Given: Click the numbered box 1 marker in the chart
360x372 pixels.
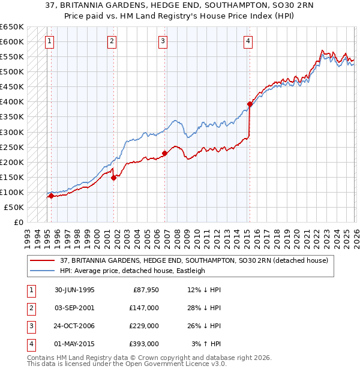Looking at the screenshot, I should (x=49, y=41).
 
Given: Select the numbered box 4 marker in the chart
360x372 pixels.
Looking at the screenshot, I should (x=248, y=41).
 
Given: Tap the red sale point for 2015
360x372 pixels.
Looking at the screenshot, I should (x=250, y=104).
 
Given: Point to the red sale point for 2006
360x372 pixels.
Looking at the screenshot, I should (x=164, y=153).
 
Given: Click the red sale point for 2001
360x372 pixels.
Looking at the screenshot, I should (x=113, y=178).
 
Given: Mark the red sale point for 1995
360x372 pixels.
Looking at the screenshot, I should (x=52, y=196).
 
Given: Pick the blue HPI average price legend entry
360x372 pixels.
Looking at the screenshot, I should (x=133, y=271).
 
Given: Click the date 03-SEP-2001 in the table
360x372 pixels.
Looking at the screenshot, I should (x=74, y=307).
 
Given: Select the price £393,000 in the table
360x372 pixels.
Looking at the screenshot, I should (x=144, y=344).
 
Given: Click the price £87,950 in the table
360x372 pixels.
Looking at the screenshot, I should (x=146, y=289).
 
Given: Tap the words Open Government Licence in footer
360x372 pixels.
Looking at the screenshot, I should (x=166, y=364).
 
